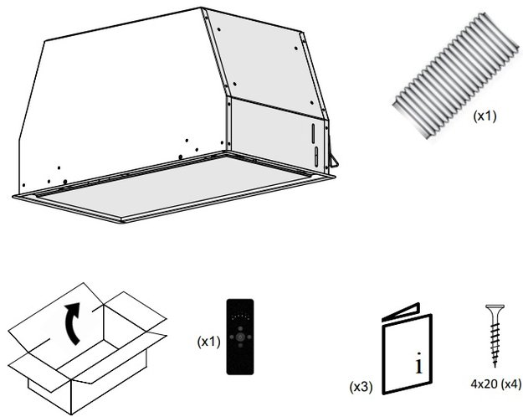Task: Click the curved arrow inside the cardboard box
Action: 74,326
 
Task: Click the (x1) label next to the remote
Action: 208,342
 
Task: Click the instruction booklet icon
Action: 406,347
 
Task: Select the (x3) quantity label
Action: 361,387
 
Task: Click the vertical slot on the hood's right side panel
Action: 315,135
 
